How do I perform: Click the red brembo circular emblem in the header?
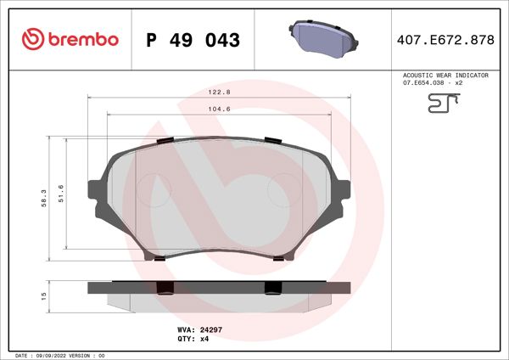(31, 39)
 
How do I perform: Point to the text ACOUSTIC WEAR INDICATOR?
(445, 76)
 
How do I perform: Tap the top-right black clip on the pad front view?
(273, 139)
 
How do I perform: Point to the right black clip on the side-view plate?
(273, 287)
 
